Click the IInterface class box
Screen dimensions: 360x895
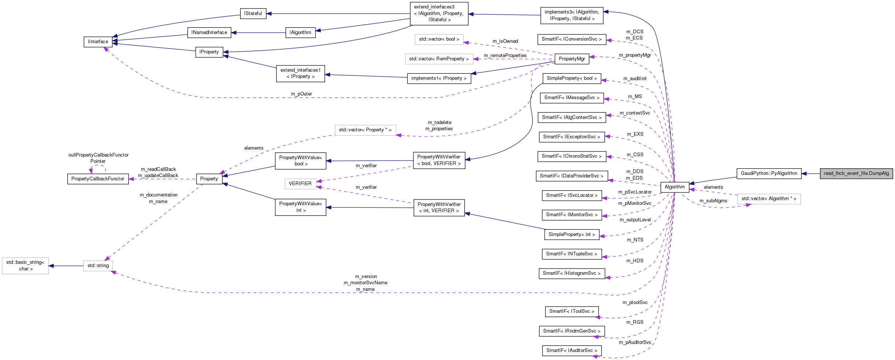tap(98, 42)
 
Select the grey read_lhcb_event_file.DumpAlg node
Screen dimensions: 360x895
tap(856, 173)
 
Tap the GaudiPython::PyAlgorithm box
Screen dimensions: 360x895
tap(769, 173)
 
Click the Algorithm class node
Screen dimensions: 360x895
tap(674, 187)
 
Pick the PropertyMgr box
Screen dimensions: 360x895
tap(571, 59)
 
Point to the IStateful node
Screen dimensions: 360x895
tap(253, 14)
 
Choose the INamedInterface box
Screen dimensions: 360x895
tap(209, 33)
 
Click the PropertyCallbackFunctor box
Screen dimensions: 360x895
tap(98, 179)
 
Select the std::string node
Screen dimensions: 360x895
tap(98, 266)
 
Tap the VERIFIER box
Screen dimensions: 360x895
tap(300, 184)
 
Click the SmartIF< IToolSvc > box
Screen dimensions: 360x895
tap(571, 311)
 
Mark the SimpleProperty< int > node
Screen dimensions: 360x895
tap(571, 235)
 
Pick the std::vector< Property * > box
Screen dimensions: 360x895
tap(365, 130)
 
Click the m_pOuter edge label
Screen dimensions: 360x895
tap(301, 94)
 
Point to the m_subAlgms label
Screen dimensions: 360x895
tap(713, 201)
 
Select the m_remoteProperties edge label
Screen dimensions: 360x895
tap(505, 56)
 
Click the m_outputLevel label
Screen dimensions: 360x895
tap(635, 220)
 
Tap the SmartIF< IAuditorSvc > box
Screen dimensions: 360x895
tap(571, 350)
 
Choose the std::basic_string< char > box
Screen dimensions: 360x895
tap(25, 266)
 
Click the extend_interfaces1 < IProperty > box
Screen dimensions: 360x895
tap(300, 74)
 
